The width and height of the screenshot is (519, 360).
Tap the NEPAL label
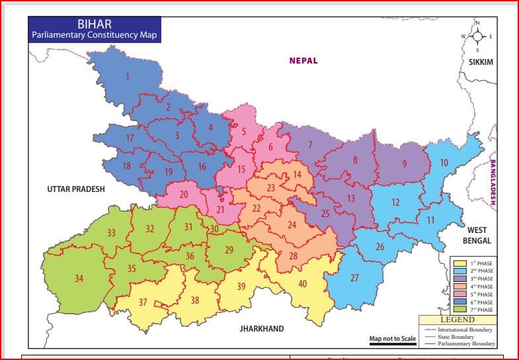click(303, 61)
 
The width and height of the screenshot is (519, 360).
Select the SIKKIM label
click(481, 62)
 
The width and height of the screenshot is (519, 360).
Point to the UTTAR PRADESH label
click(76, 189)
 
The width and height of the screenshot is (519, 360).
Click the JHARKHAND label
click(262, 329)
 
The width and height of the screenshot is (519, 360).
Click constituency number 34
click(79, 279)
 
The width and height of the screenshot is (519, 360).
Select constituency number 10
click(444, 163)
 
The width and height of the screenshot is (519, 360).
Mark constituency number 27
click(354, 278)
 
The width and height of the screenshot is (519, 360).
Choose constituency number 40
click(302, 284)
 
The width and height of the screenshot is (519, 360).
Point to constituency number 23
click(270, 188)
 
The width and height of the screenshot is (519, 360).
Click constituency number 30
click(214, 229)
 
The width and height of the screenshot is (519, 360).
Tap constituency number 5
click(244, 132)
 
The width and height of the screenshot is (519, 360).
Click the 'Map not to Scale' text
click(393, 339)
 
